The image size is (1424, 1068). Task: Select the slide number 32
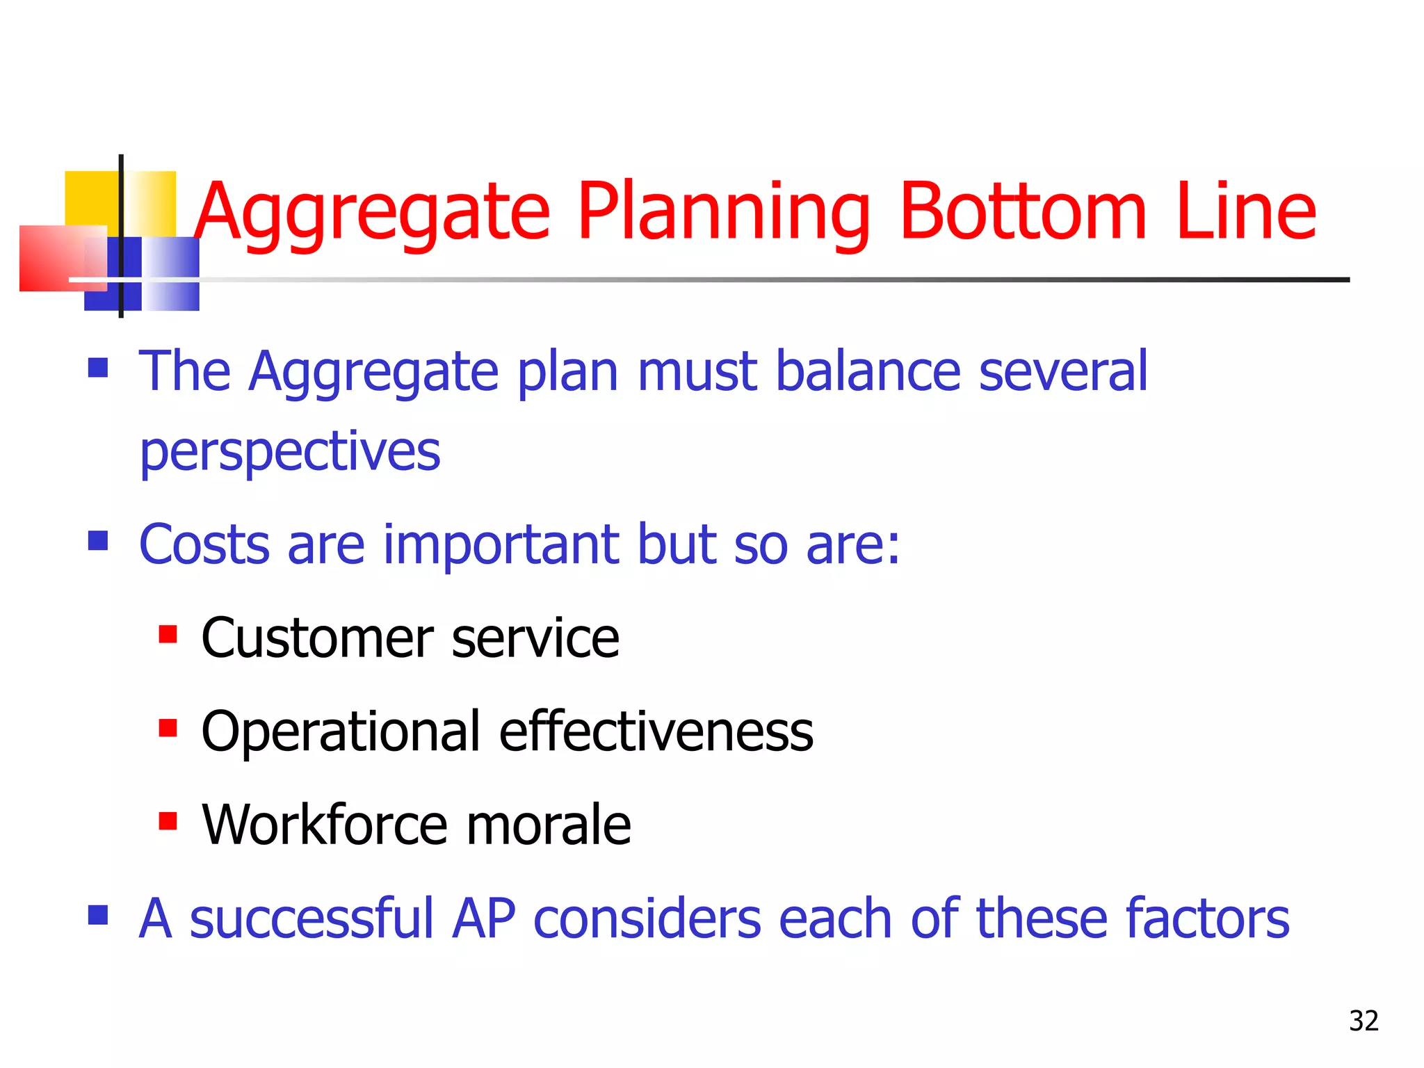(1364, 1021)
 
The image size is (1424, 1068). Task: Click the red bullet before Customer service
(168, 634)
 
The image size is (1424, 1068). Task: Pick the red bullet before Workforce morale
(168, 821)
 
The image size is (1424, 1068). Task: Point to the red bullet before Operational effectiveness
(168, 728)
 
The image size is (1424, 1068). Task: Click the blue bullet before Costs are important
(98, 540)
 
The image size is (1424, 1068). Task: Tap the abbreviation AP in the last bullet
(484, 919)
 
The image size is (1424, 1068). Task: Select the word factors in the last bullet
(1207, 919)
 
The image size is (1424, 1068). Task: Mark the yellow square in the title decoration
(90, 197)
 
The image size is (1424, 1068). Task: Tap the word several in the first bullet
(1063, 371)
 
